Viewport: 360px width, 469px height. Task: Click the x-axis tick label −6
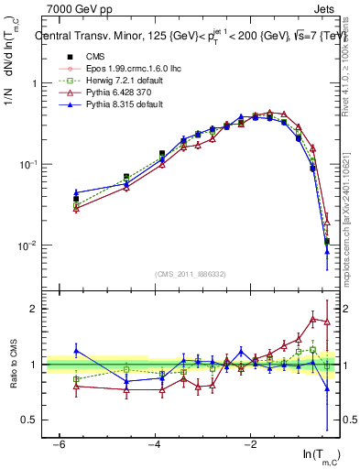pyautogui.click(x=59, y=444)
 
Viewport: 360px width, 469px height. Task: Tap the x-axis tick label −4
pyautogui.click(x=154, y=444)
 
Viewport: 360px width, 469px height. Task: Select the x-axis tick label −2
pyautogui.click(x=250, y=444)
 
